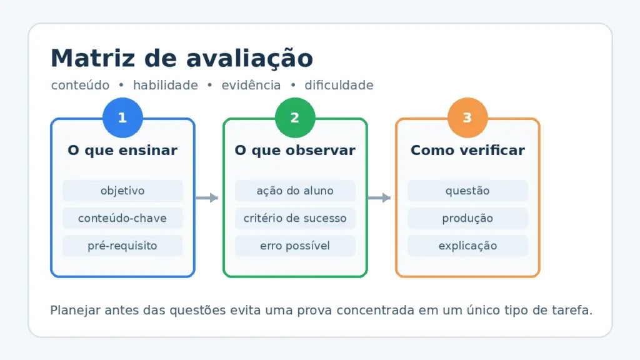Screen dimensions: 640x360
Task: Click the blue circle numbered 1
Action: coord(122,117)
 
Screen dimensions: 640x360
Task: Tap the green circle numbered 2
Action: coord(295,117)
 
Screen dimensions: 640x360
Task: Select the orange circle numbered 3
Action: coord(467,117)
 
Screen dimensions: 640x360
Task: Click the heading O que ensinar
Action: coord(122,150)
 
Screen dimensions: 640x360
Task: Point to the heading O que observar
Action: coord(295,150)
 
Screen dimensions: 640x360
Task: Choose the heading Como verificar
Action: coord(467,150)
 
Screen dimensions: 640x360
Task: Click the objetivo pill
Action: coord(122,191)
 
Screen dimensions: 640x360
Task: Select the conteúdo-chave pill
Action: coord(122,218)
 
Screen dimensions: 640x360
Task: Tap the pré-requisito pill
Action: coord(122,246)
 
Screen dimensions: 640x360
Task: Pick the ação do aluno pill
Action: coord(295,191)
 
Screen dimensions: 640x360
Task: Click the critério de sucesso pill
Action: coord(295,218)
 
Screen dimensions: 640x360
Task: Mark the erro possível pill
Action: coord(295,246)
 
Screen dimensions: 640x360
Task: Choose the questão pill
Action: coord(467,191)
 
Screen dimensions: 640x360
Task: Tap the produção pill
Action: coord(467,218)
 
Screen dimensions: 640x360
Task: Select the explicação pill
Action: coord(467,246)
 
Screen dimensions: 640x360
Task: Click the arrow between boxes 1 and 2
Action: coord(207,198)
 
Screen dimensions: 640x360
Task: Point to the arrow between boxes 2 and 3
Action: coord(379,198)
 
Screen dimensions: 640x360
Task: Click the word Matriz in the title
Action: coord(92,58)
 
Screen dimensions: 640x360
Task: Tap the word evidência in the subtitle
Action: coord(251,85)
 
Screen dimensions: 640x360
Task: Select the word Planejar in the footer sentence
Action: coord(75,310)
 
